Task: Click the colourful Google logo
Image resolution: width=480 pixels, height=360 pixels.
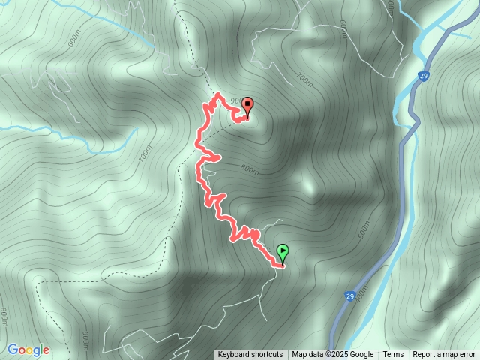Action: (28, 349)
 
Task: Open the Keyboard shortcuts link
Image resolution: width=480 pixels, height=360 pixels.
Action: (250, 355)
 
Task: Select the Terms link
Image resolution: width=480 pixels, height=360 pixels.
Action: (393, 355)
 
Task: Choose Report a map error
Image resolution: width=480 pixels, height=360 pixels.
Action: (444, 355)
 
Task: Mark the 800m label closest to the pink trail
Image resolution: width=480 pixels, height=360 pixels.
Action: (250, 169)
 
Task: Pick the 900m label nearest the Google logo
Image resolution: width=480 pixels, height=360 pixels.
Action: (84, 341)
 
